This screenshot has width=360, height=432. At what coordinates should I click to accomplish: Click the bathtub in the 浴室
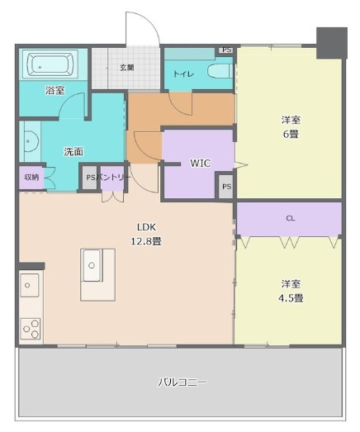coord(48,64)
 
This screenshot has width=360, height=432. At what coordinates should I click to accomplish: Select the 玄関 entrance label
coord(126,68)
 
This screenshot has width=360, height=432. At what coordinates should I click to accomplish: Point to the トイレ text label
coord(183,74)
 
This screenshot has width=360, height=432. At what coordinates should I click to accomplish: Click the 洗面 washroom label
coord(73,151)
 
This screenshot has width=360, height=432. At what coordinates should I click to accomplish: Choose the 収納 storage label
coord(31,177)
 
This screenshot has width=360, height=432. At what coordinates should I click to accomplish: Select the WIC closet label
coord(201,164)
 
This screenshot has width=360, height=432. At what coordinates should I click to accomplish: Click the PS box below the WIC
coord(226,188)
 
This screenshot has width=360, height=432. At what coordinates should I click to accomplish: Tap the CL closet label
coord(290,219)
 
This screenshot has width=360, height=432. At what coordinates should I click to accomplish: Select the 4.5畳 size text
coord(290,297)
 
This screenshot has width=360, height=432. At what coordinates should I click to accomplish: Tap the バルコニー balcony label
coord(182,382)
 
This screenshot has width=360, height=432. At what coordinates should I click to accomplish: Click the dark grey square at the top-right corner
coord(332,40)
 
